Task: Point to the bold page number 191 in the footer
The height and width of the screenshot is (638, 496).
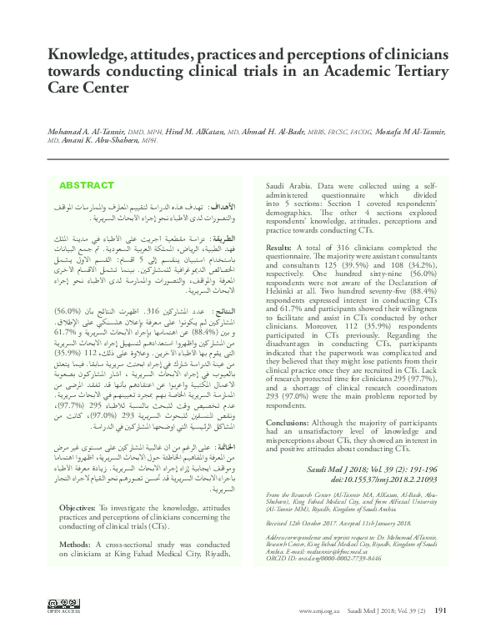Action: [x=441, y=610]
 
